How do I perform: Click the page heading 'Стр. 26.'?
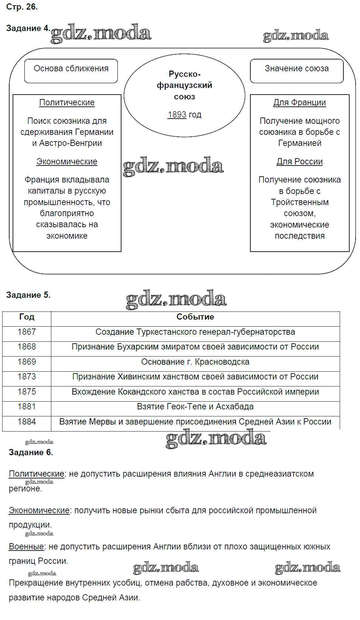click(x=22, y=7)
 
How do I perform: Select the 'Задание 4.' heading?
click(x=28, y=28)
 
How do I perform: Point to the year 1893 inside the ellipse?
click(x=177, y=115)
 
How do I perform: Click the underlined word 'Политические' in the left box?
click(x=67, y=102)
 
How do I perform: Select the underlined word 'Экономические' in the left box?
click(x=67, y=161)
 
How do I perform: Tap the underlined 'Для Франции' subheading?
click(x=299, y=102)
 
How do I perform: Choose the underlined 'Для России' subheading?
click(x=299, y=161)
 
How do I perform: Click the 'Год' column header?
click(x=27, y=317)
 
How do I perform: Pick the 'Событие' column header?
click(x=195, y=317)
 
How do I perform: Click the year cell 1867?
click(x=27, y=332)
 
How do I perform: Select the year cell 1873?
click(x=27, y=377)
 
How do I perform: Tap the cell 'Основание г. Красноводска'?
click(x=195, y=362)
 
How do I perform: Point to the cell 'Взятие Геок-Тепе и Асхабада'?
click(x=195, y=406)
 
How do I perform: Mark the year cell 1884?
click(x=27, y=422)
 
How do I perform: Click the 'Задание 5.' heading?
click(x=28, y=295)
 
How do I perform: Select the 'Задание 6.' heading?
click(x=31, y=452)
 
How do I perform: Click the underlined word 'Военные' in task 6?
click(x=26, y=546)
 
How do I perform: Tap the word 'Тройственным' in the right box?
click(x=299, y=202)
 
